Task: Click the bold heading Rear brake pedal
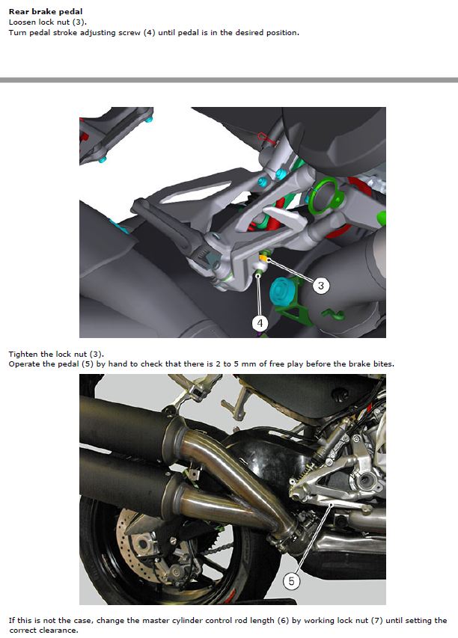click(x=46, y=11)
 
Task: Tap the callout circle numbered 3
click(x=321, y=286)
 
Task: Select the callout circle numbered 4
click(x=260, y=323)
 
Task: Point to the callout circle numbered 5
click(x=291, y=581)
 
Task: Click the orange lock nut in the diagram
click(x=264, y=259)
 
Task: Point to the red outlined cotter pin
click(x=267, y=139)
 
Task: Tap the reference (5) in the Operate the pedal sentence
click(x=88, y=364)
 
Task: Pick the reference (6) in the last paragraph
click(x=283, y=621)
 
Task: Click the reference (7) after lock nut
click(x=377, y=621)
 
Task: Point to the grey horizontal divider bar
click(x=229, y=80)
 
